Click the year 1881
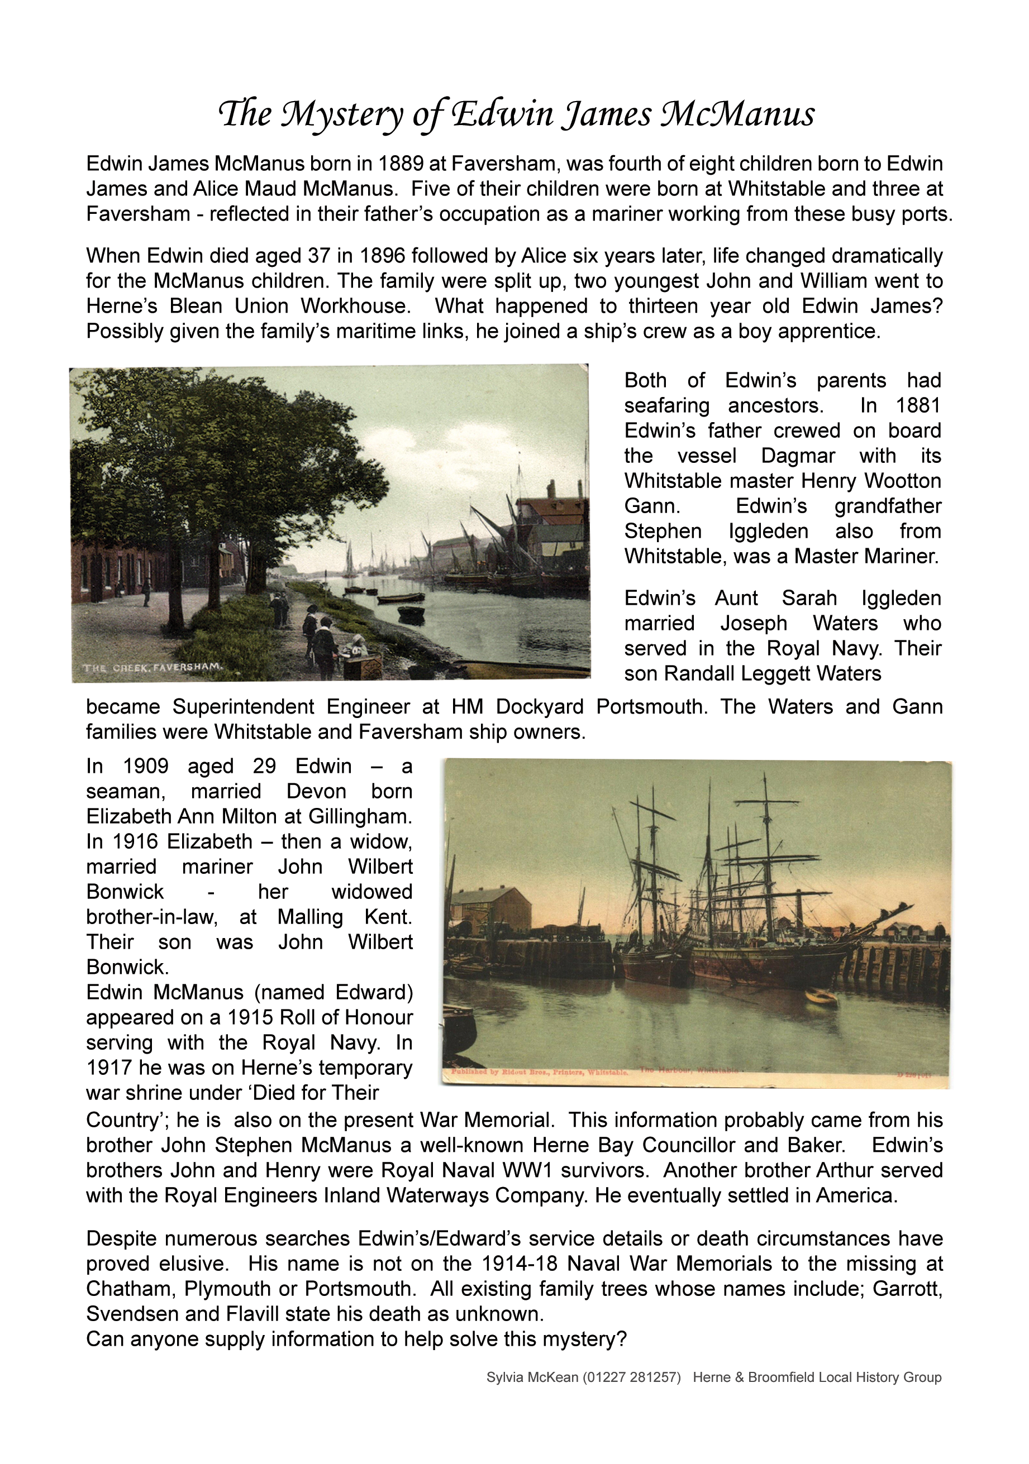(918, 405)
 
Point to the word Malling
(310, 917)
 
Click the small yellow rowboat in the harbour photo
(821, 997)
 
